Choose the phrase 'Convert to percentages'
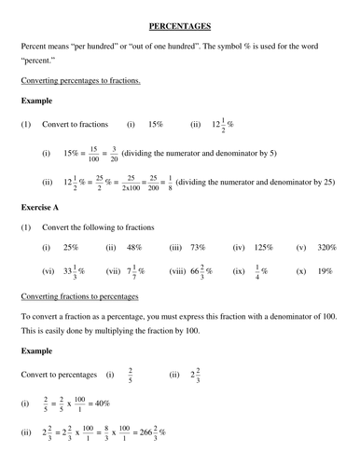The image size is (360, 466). (x=57, y=375)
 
